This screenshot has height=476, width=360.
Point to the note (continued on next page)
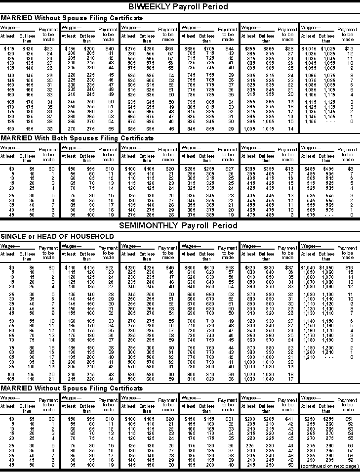(327, 466)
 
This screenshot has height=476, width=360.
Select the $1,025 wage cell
(327, 48)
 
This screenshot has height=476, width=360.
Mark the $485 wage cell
(309, 168)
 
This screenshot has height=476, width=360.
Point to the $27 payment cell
(229, 168)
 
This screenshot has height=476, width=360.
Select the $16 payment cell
(349, 267)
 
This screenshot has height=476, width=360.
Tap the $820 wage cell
(248, 267)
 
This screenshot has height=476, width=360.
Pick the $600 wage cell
(188, 267)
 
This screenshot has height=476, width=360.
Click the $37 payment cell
(289, 267)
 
